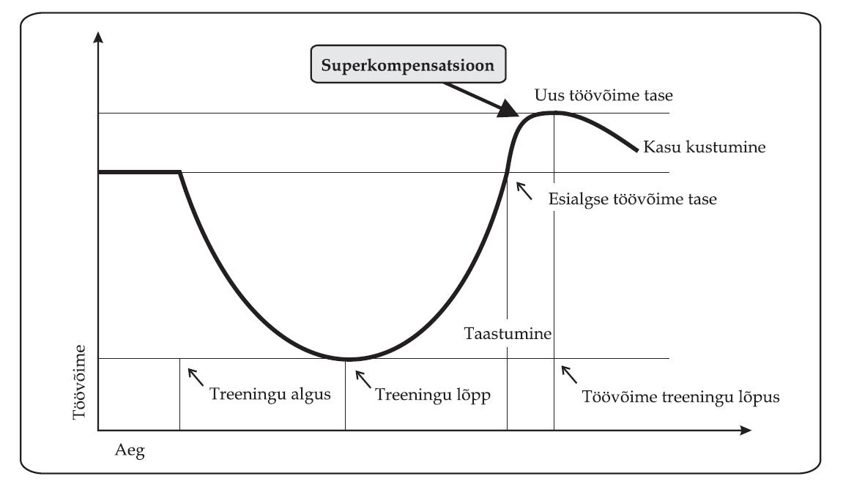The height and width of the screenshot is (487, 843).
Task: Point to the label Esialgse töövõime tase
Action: pos(632,198)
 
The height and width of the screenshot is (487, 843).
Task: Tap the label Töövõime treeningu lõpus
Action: pos(681,396)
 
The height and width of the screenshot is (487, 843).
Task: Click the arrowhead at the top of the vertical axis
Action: pos(98,37)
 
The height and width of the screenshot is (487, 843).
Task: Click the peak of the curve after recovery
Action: pos(555,112)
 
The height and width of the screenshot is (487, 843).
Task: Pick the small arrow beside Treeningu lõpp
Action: pos(363,377)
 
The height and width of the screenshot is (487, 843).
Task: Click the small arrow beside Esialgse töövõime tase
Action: pos(524,189)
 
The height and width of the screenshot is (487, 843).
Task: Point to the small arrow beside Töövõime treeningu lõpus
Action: pos(568,375)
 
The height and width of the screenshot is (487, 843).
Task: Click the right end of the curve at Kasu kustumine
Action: pos(636,150)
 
